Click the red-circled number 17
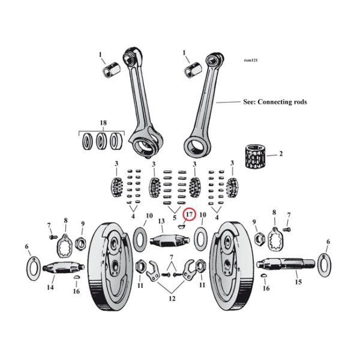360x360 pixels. click(188, 214)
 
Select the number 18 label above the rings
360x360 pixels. click(103, 123)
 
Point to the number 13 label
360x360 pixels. click(161, 221)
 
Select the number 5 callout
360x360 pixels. click(174, 218)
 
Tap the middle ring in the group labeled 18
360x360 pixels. click(103, 143)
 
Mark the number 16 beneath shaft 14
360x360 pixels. click(76, 291)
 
